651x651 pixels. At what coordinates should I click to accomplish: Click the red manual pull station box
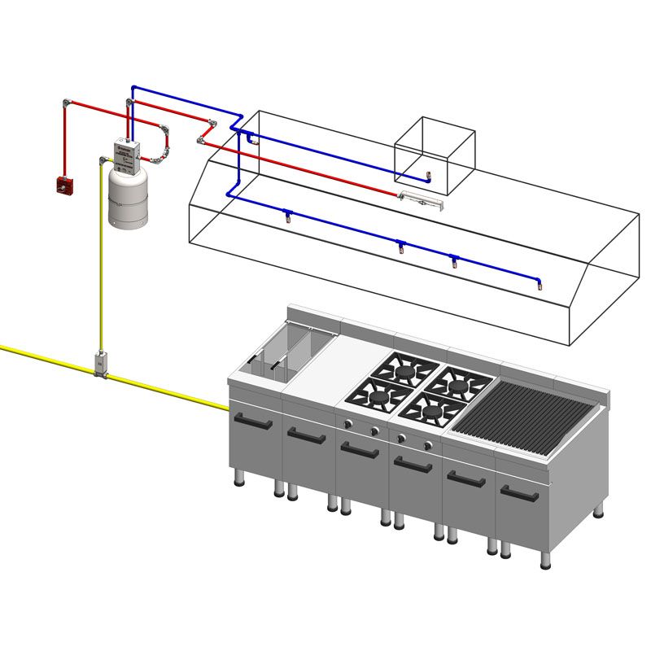click(x=64, y=185)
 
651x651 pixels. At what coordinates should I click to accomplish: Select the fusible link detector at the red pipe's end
click(x=421, y=199)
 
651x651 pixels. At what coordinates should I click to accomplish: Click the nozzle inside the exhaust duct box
click(x=428, y=176)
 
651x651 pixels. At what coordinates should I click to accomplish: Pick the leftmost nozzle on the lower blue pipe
click(x=286, y=215)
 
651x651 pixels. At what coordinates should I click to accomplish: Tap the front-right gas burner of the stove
click(x=433, y=411)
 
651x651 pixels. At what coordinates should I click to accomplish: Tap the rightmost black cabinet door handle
click(x=519, y=493)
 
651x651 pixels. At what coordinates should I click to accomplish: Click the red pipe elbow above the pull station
click(x=66, y=104)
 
